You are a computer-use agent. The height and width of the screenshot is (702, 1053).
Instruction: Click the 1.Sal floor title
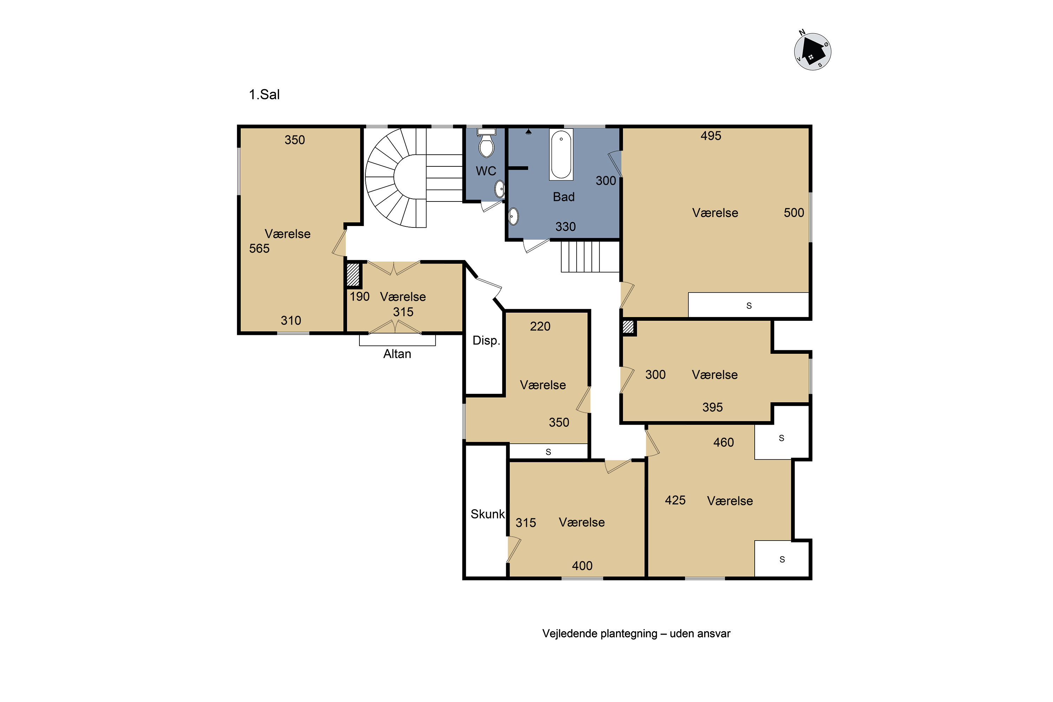point(264,94)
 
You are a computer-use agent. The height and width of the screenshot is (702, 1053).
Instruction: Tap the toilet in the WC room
point(486,143)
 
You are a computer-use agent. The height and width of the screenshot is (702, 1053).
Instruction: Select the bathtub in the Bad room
point(561,155)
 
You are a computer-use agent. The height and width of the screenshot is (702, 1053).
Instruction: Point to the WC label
point(486,171)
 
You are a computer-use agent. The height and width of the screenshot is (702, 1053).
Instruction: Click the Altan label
point(397,354)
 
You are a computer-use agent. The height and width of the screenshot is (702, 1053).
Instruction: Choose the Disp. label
point(486,341)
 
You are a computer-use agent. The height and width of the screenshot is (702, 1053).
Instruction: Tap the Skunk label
point(488,514)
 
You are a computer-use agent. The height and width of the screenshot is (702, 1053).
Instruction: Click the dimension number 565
point(259,249)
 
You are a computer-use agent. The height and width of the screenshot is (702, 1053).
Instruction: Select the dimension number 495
point(711,135)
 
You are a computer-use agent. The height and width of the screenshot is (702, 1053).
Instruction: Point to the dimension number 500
point(794,213)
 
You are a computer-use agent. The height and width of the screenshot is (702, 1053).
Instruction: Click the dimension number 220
point(540,326)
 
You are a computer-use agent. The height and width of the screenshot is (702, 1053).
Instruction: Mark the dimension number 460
point(723,442)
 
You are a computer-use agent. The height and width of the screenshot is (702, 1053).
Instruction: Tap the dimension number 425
point(675,500)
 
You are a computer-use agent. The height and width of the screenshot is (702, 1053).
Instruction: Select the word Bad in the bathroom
point(564,197)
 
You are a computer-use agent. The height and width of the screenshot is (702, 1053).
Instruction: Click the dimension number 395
point(712,408)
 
